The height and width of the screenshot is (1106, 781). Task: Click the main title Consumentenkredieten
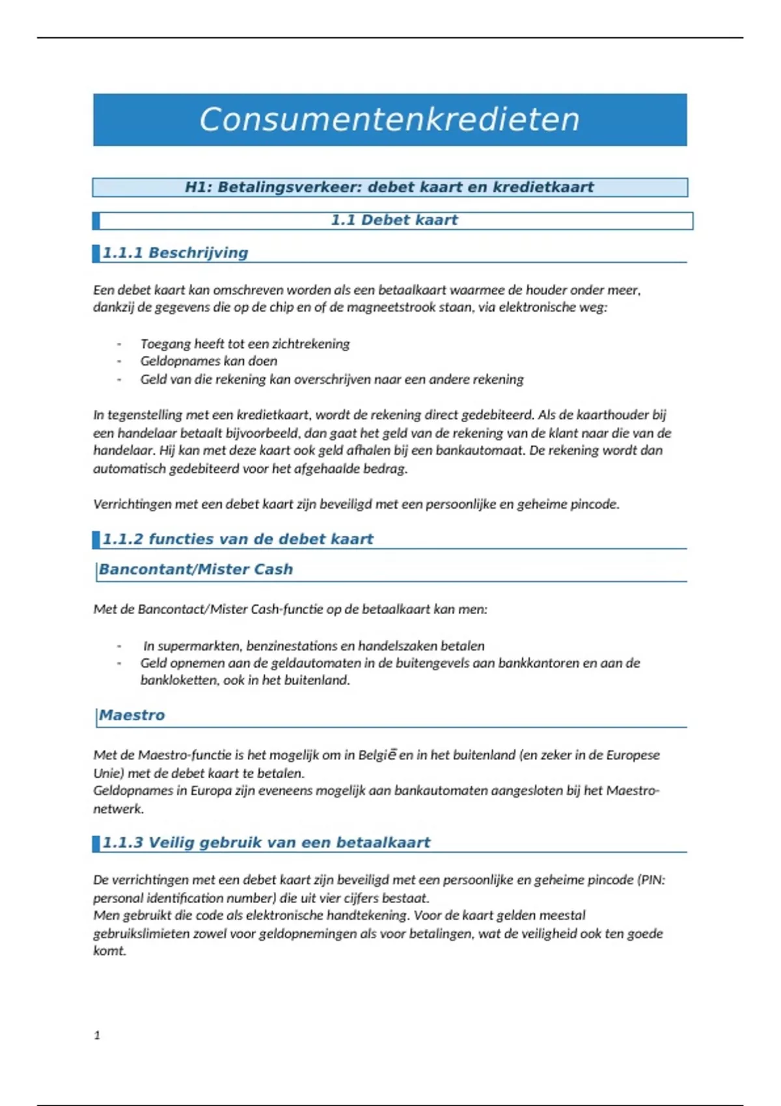point(389,120)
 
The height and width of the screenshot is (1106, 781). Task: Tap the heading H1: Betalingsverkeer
point(389,187)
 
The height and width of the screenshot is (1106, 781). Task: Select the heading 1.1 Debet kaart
point(394,220)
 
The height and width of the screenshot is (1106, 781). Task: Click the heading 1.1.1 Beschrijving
point(175,252)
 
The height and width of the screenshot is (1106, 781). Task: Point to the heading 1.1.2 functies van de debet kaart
point(238,539)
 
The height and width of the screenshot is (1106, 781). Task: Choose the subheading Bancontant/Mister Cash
point(195,569)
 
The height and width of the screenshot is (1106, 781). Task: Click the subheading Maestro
point(131,715)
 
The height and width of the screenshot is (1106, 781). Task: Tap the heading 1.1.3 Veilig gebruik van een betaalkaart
point(266,843)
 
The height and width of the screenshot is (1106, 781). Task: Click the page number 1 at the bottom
point(97,1035)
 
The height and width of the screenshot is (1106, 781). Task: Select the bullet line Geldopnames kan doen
point(208,361)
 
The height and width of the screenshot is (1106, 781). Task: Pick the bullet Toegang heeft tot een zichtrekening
point(245,344)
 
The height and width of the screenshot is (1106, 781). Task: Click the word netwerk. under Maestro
point(118,809)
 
